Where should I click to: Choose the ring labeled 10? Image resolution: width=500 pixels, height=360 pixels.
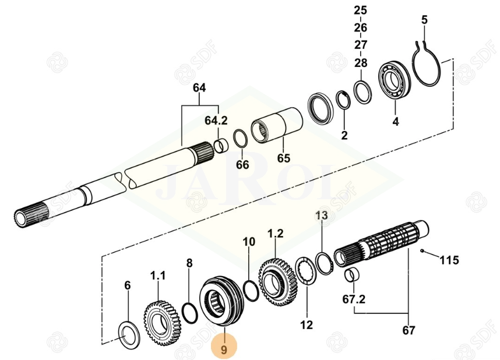pos(249,288)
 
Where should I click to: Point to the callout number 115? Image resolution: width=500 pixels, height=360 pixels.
pos(449,259)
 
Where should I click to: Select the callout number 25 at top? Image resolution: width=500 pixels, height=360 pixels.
pos(361,10)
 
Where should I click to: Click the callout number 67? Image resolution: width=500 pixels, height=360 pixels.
pos(409,331)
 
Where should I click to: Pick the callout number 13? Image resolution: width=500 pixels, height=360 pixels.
pos(322,216)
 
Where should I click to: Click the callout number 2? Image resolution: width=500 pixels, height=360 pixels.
pos(344,136)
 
